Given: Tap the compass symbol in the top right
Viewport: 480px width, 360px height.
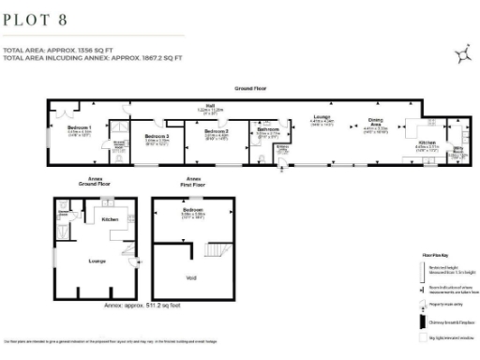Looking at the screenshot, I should [x=463, y=56].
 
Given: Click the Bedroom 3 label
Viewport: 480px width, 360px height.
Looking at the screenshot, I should [x=217, y=131].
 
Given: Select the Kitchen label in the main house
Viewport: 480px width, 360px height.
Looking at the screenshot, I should [x=426, y=142].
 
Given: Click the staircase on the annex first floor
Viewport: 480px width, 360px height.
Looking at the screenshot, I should [x=218, y=251].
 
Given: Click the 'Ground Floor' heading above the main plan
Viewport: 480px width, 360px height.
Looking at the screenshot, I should [x=250, y=88].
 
